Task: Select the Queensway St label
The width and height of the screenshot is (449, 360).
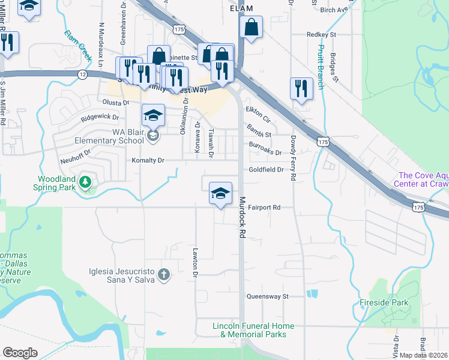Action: (268, 296)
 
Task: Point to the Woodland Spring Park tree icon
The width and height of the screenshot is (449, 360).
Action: (85, 181)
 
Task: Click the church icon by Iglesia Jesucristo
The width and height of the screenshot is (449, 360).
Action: (164, 275)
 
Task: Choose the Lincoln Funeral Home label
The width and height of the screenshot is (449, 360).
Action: (253, 330)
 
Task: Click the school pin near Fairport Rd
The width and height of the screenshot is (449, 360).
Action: (220, 194)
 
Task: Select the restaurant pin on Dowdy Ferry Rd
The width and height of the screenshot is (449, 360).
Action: (301, 89)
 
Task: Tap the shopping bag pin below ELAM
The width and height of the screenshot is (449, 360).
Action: (251, 27)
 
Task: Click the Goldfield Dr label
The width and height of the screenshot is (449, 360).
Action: (266, 170)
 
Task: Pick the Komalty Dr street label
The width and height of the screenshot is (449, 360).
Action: (148, 160)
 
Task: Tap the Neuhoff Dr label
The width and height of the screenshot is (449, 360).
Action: (74, 153)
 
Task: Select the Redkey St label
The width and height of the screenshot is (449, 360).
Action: (319, 35)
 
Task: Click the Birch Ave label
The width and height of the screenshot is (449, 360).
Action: (334, 10)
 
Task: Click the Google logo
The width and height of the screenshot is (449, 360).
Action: (20, 353)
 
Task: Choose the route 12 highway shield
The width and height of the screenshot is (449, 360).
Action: (82, 73)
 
